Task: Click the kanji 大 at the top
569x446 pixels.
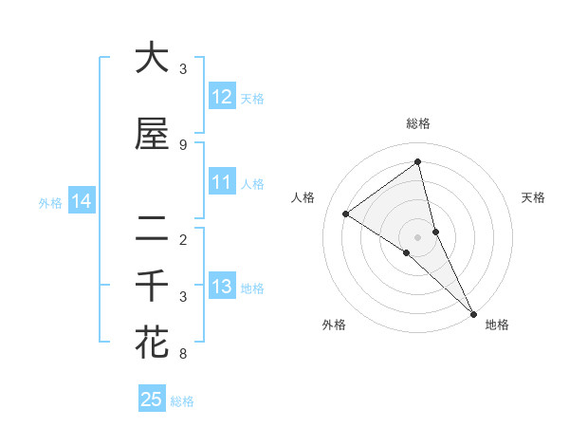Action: point(152,58)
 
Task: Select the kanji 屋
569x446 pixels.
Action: point(152,134)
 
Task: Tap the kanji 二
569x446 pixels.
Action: point(152,228)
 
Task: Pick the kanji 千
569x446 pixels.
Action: point(152,286)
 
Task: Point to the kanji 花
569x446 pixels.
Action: point(152,342)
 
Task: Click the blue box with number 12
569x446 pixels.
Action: point(222,97)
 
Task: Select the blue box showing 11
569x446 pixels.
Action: point(222,182)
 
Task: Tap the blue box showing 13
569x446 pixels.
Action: point(222,287)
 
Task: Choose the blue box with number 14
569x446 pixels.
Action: point(82,201)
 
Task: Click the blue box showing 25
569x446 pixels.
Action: point(152,400)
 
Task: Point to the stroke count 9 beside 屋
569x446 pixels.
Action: point(183,144)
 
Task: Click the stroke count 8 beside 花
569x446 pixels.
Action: point(183,354)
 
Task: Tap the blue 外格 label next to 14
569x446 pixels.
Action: point(50,202)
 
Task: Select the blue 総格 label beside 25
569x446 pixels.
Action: point(182,401)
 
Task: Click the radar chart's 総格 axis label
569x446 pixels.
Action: point(418,123)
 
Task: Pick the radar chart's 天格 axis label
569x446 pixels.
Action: point(534,197)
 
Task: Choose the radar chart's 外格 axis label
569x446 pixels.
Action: point(334,325)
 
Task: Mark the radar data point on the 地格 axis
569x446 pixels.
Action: point(473,312)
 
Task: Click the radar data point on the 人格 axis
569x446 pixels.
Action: point(345,214)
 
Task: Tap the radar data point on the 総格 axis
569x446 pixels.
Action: point(418,161)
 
